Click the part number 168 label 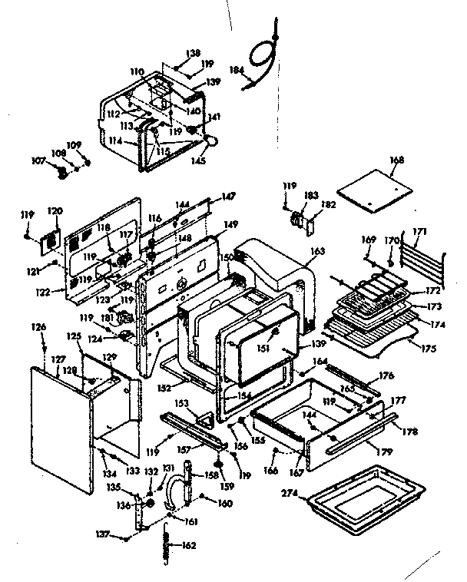tap(396, 160)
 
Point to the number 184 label tap(236, 70)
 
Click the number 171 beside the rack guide tap(442, 231)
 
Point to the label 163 tap(318, 250)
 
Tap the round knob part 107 tap(57, 172)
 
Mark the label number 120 tap(55, 210)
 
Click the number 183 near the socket tap(309, 197)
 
